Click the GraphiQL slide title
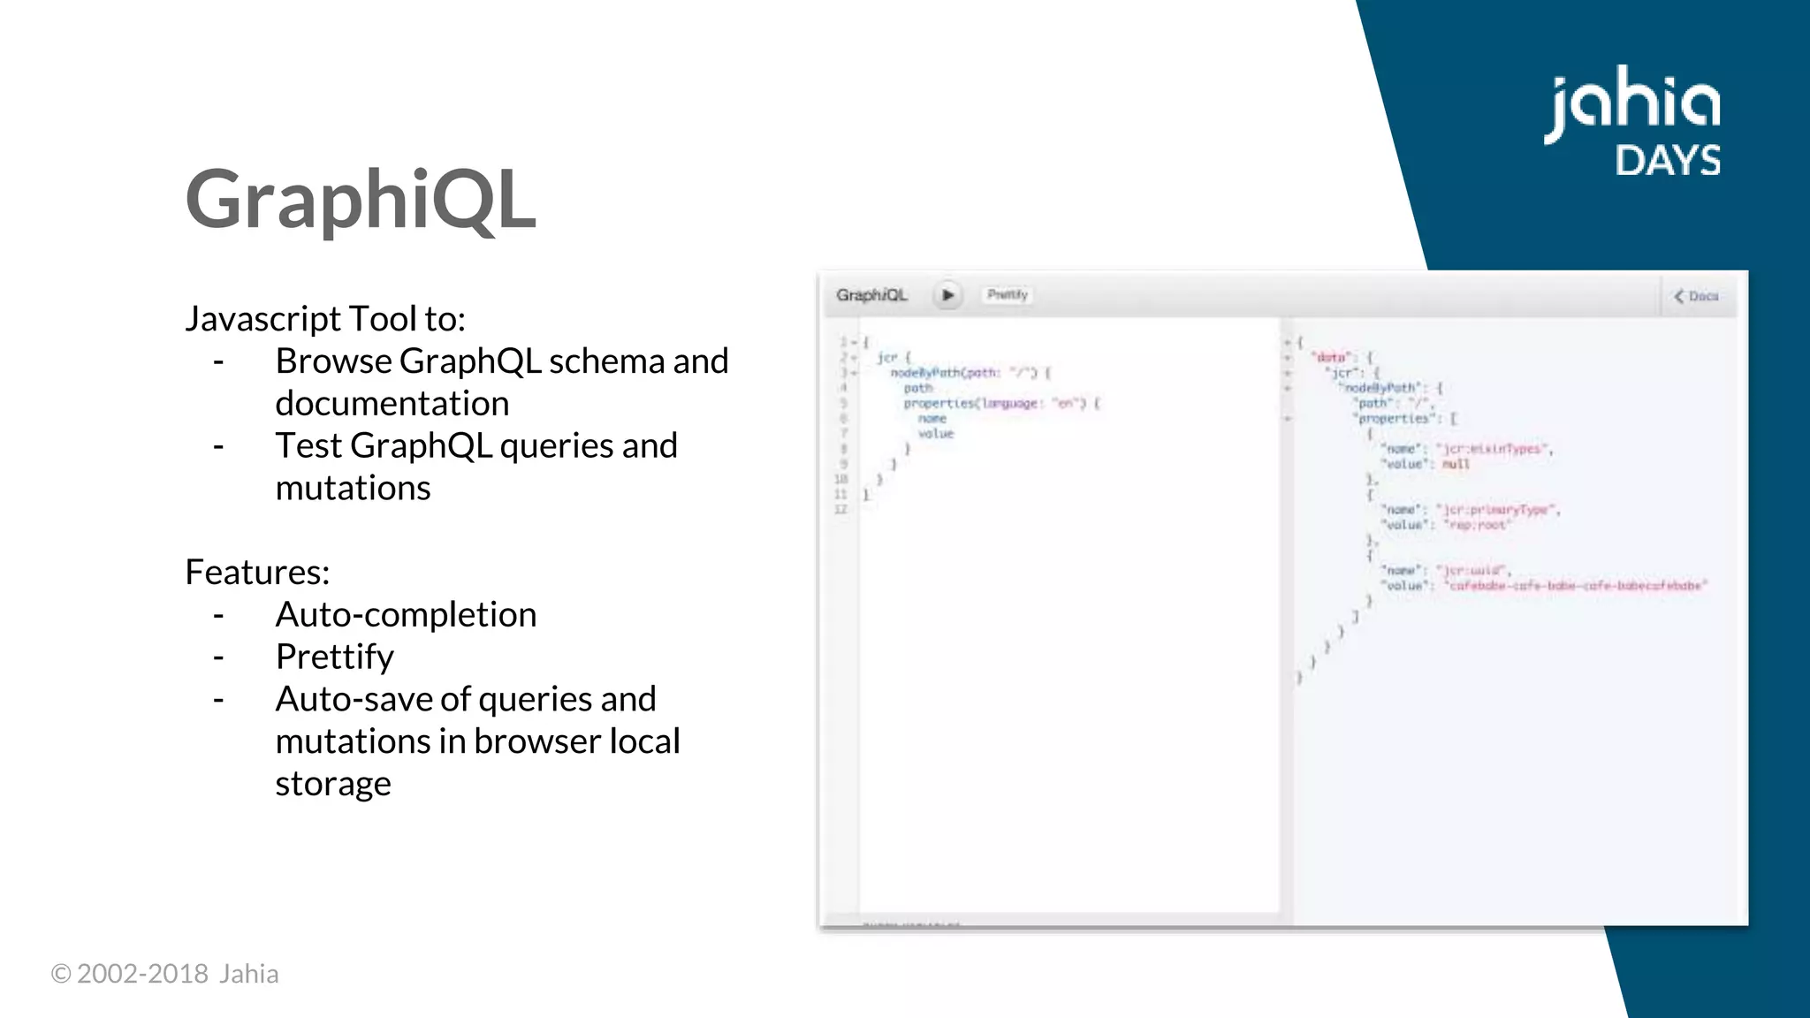pos(360,200)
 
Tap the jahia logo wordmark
pos(1631,103)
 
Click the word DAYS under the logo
pos(1668,161)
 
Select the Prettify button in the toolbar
pos(1008,295)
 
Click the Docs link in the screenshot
pos(1697,296)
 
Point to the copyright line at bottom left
pos(164,974)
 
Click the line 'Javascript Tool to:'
pos(325,318)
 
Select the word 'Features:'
pos(257,572)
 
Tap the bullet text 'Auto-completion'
pos(406,614)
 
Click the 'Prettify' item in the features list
pos(334,657)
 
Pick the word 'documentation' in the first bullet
pos(392,403)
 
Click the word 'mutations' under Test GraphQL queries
pos(353,488)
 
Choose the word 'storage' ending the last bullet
pos(332,783)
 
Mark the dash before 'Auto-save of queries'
pos(218,699)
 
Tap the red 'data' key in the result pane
pos(1331,357)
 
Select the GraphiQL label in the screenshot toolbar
pos(871,295)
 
